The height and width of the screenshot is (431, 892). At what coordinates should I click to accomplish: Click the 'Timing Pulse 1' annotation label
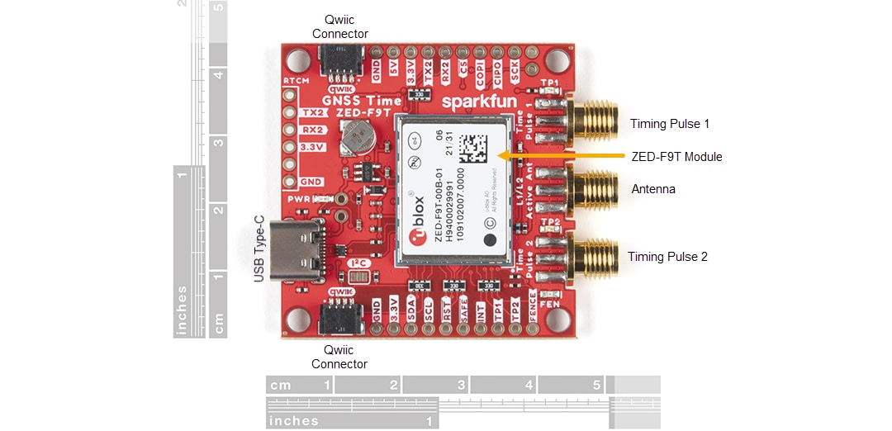click(670, 124)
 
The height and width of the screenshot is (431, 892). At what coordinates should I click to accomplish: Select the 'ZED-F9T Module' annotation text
click(676, 157)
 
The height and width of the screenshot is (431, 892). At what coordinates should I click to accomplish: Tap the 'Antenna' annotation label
click(653, 189)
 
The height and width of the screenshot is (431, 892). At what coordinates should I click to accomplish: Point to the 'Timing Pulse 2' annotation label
click(667, 257)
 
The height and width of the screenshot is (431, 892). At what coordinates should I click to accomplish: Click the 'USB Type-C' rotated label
click(259, 249)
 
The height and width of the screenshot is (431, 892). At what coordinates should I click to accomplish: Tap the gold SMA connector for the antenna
click(595, 189)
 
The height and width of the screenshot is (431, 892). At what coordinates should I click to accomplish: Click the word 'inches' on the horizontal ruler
click(294, 420)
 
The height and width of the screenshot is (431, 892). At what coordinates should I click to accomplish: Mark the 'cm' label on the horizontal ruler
click(281, 385)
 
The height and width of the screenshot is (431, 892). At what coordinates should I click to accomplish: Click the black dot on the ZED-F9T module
click(490, 239)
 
